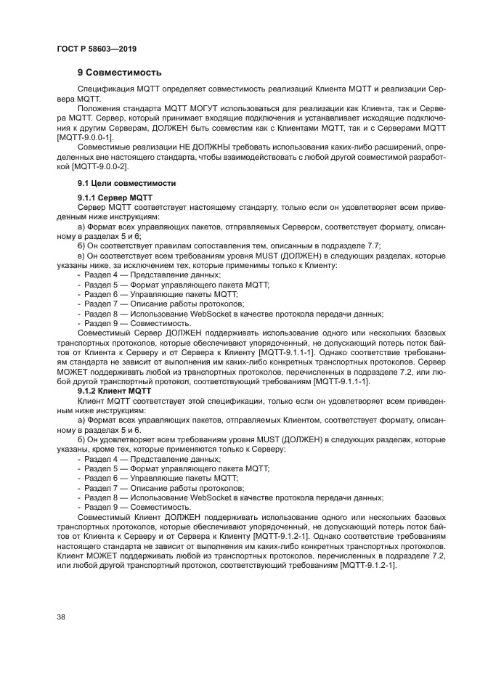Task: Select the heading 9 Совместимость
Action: click(x=119, y=73)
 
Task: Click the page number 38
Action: click(x=61, y=617)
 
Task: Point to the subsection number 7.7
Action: click(x=373, y=245)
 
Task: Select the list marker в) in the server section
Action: click(x=82, y=256)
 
